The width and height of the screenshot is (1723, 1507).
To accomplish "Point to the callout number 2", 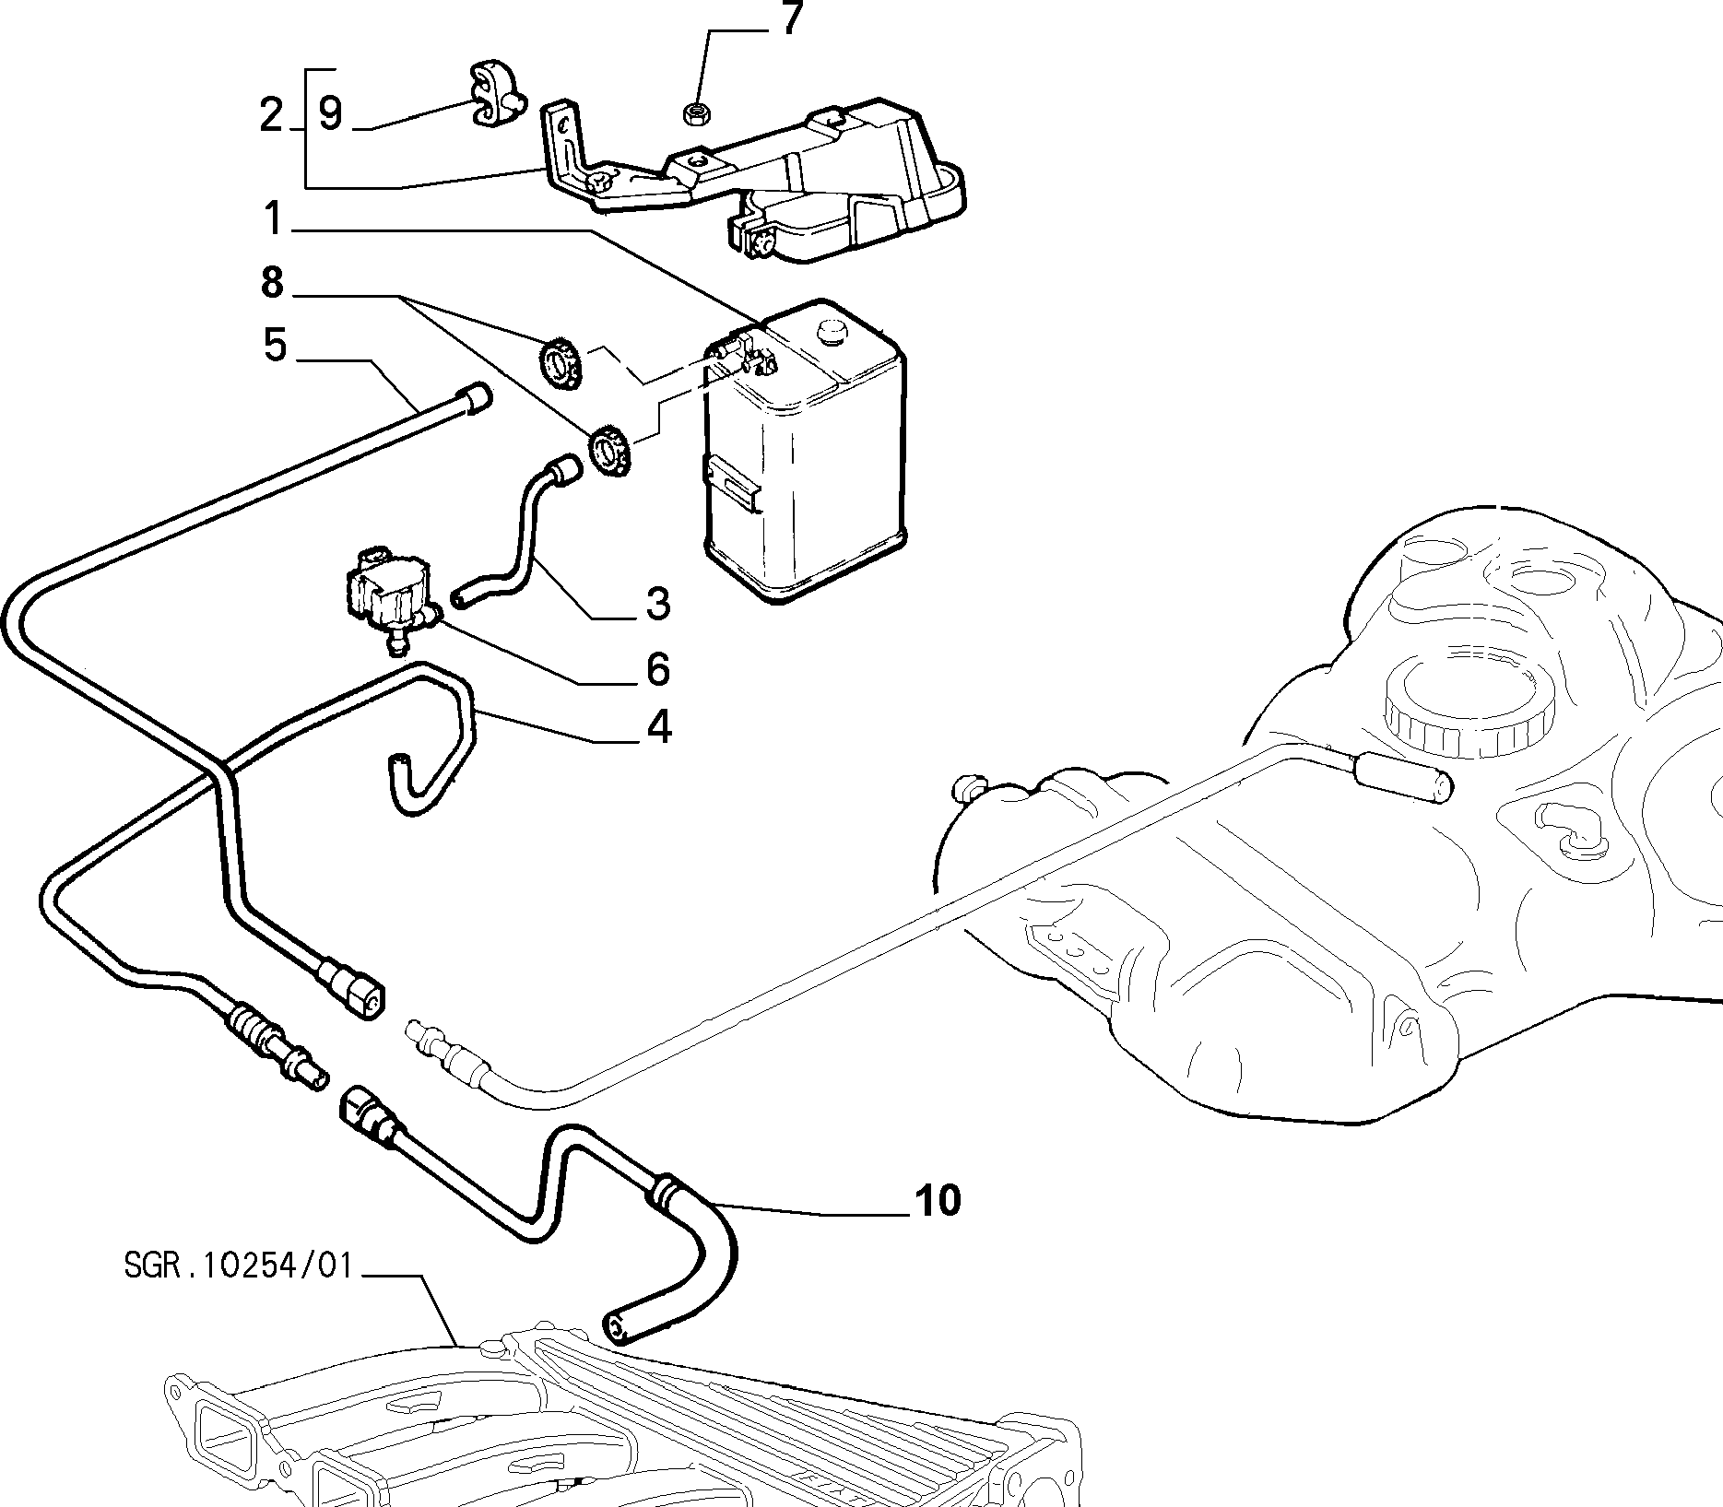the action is [271, 115].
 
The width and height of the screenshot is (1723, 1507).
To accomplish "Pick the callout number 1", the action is [273, 219].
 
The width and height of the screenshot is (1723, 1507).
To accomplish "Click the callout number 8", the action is [272, 282].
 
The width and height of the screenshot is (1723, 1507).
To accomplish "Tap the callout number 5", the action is [275, 346].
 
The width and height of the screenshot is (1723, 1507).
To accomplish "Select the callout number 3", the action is [657, 604].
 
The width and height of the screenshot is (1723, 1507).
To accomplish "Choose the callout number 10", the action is [938, 1201].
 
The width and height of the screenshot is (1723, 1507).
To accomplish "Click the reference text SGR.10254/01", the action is [238, 1266].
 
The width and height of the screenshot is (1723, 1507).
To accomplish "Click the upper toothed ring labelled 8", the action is [559, 363].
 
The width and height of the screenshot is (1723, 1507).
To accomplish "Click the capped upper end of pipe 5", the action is [478, 399].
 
